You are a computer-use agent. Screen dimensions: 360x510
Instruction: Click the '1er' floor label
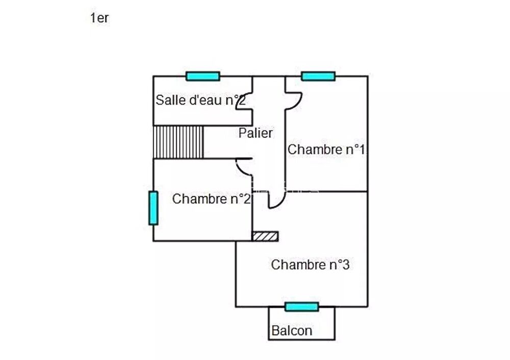click(99, 18)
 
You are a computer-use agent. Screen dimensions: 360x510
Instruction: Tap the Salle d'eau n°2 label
click(201, 100)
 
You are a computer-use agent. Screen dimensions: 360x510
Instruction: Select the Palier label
click(256, 133)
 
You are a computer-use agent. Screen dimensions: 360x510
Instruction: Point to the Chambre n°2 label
click(211, 199)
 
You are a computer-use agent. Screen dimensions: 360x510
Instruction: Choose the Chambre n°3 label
click(310, 265)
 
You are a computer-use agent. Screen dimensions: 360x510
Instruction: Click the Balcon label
click(292, 330)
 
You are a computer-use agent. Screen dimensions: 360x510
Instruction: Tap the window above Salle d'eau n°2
click(202, 76)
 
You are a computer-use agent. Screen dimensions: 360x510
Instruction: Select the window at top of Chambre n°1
click(318, 76)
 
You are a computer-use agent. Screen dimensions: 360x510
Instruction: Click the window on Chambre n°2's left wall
click(153, 208)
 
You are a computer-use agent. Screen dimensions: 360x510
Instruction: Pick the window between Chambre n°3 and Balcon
click(301, 306)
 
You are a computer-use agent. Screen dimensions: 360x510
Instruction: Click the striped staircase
click(178, 142)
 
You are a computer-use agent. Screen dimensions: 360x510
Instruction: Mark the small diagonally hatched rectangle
click(265, 236)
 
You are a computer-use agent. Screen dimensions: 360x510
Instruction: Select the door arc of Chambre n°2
click(244, 166)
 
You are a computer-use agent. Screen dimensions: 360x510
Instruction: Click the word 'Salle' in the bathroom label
click(169, 100)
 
